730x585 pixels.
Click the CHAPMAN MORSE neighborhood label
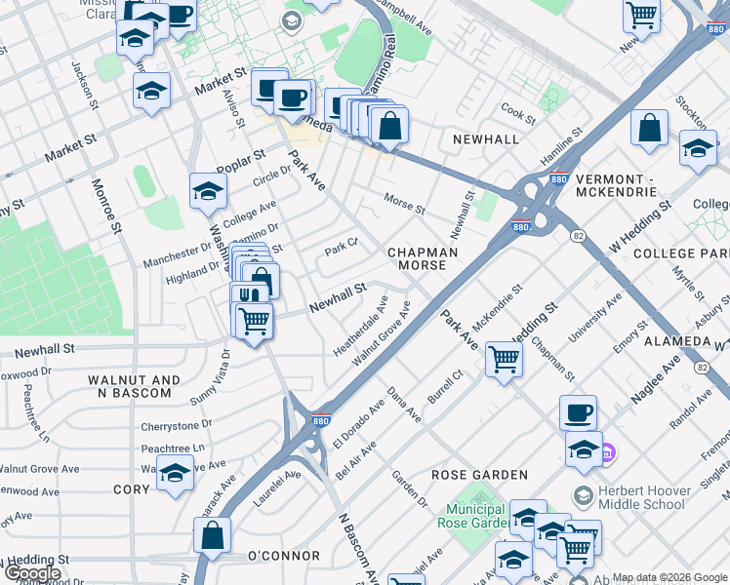(x=423, y=258)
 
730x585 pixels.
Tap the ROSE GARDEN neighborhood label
(x=480, y=475)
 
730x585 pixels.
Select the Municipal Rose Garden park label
(x=475, y=516)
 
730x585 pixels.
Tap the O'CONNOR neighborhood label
(x=283, y=556)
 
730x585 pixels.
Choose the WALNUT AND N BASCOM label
(x=134, y=386)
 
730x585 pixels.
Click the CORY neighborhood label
(x=132, y=489)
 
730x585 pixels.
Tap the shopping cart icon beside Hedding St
(x=504, y=359)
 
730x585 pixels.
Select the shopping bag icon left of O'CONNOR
(x=212, y=535)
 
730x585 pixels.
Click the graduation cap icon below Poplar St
(x=208, y=191)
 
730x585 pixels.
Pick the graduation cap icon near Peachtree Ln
(x=174, y=474)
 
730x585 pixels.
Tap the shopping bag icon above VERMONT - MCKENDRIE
(x=649, y=129)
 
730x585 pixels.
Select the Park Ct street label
(x=342, y=248)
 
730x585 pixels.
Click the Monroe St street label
(x=106, y=206)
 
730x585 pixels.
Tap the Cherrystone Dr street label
(x=176, y=425)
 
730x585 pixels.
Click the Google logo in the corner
(x=32, y=573)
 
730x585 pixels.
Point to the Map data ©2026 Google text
(x=669, y=577)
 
